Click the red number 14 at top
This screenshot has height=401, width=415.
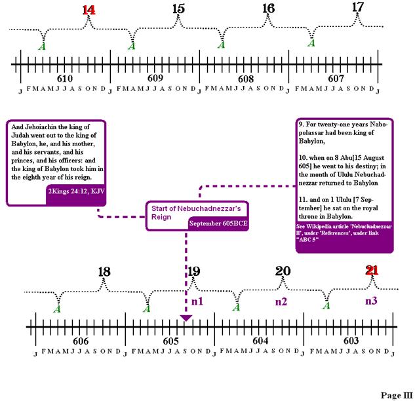(89, 10)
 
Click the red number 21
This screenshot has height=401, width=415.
(372, 270)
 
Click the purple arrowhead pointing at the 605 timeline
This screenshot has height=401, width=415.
(186, 318)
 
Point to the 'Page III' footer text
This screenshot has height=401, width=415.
(396, 395)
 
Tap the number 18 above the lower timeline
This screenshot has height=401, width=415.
(104, 272)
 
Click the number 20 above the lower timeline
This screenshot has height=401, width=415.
(283, 271)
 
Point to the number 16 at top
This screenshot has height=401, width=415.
(267, 9)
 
